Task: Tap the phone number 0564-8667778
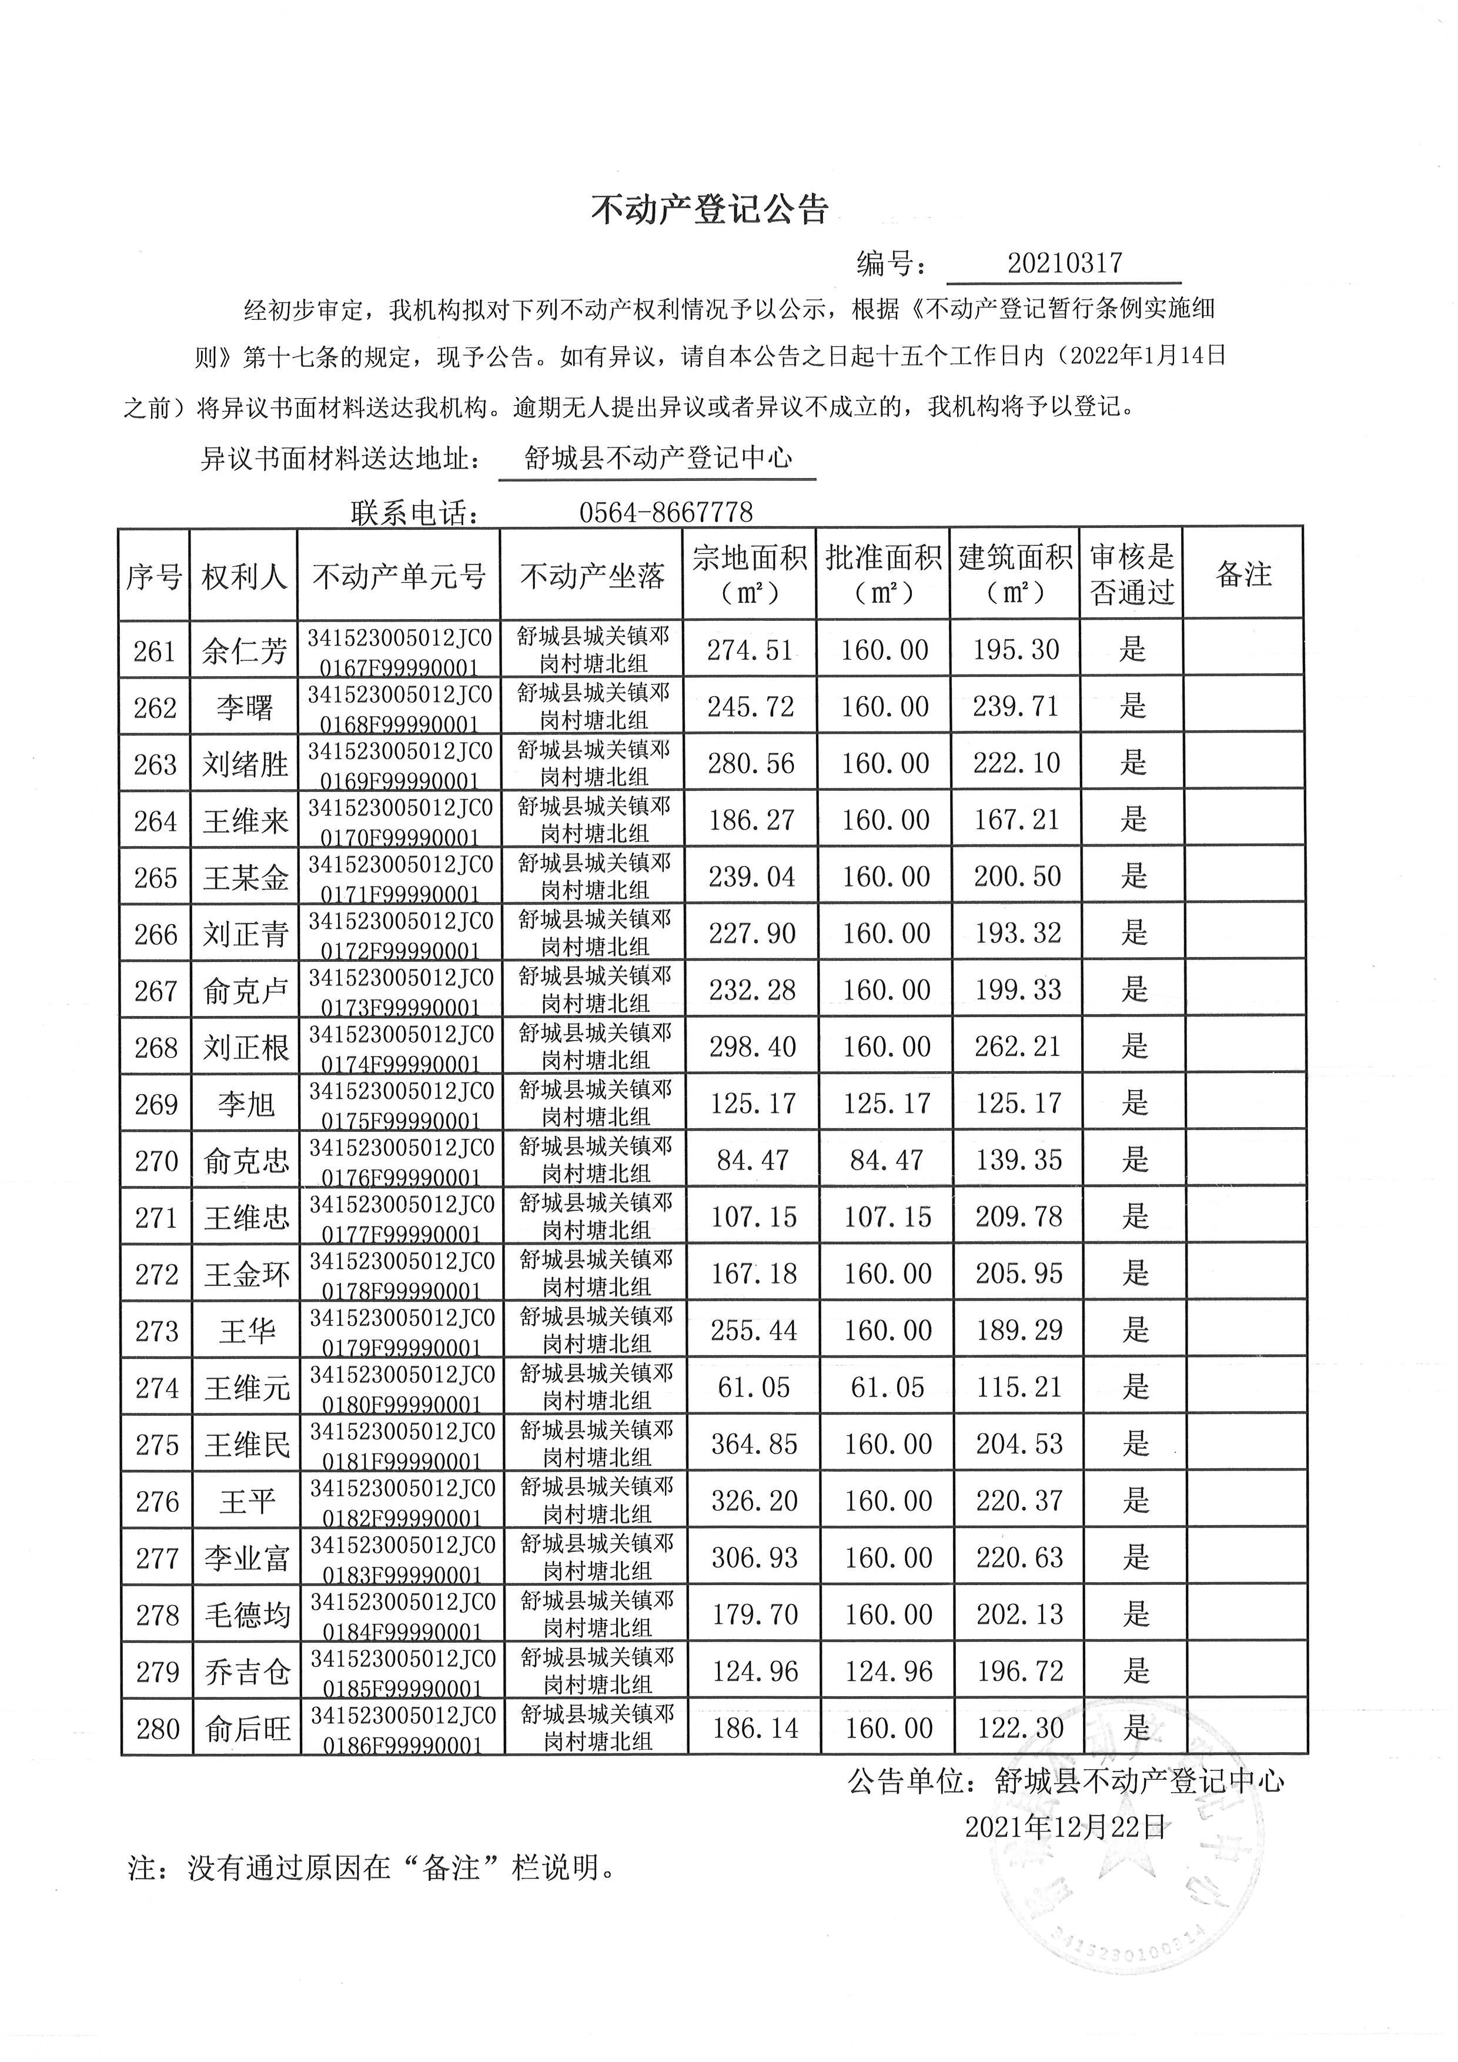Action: [x=666, y=512]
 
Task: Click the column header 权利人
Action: [x=244, y=575]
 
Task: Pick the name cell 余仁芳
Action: [x=244, y=650]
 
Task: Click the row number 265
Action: [x=155, y=877]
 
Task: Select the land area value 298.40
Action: [x=753, y=1046]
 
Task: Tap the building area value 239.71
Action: [x=1016, y=707]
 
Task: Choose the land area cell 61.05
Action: [x=753, y=1388]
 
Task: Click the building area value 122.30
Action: [x=1020, y=1728]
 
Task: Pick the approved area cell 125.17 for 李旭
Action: [x=886, y=1103]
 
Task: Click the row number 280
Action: [x=158, y=1729]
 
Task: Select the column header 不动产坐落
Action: [x=593, y=575]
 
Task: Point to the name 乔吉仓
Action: [x=247, y=1672]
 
